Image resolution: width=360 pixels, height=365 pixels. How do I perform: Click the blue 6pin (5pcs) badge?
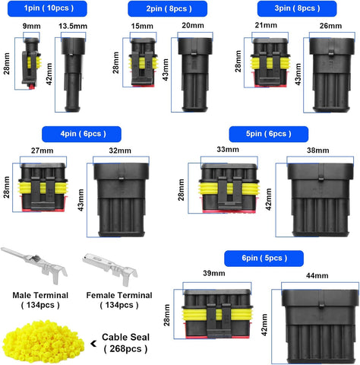click(264, 257)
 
